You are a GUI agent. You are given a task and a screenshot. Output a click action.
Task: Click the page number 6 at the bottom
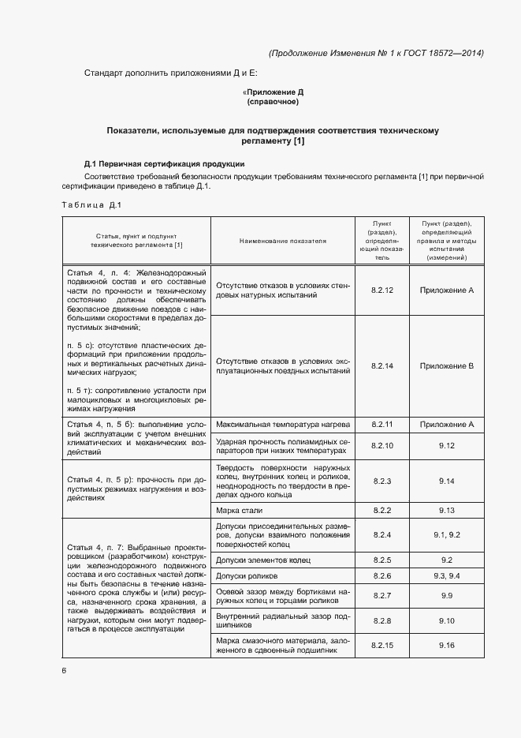[x=64, y=670]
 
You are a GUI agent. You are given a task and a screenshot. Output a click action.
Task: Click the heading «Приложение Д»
[x=272, y=92]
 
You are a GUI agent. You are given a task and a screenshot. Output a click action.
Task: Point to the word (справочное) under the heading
[x=272, y=102]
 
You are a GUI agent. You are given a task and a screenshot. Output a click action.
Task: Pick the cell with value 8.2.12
[x=381, y=290]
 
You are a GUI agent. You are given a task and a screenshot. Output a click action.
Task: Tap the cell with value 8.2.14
[x=381, y=365]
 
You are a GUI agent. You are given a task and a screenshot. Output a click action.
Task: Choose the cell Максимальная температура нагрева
[x=282, y=424]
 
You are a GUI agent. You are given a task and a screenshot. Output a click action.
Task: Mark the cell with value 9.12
[x=446, y=446]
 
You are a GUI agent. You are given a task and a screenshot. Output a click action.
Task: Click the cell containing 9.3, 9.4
[x=446, y=575]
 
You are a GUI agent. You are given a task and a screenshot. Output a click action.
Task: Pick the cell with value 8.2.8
[x=381, y=621]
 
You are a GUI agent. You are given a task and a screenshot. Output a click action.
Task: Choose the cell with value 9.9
[x=446, y=595]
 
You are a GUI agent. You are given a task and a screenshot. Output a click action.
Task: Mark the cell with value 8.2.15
[x=381, y=646]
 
